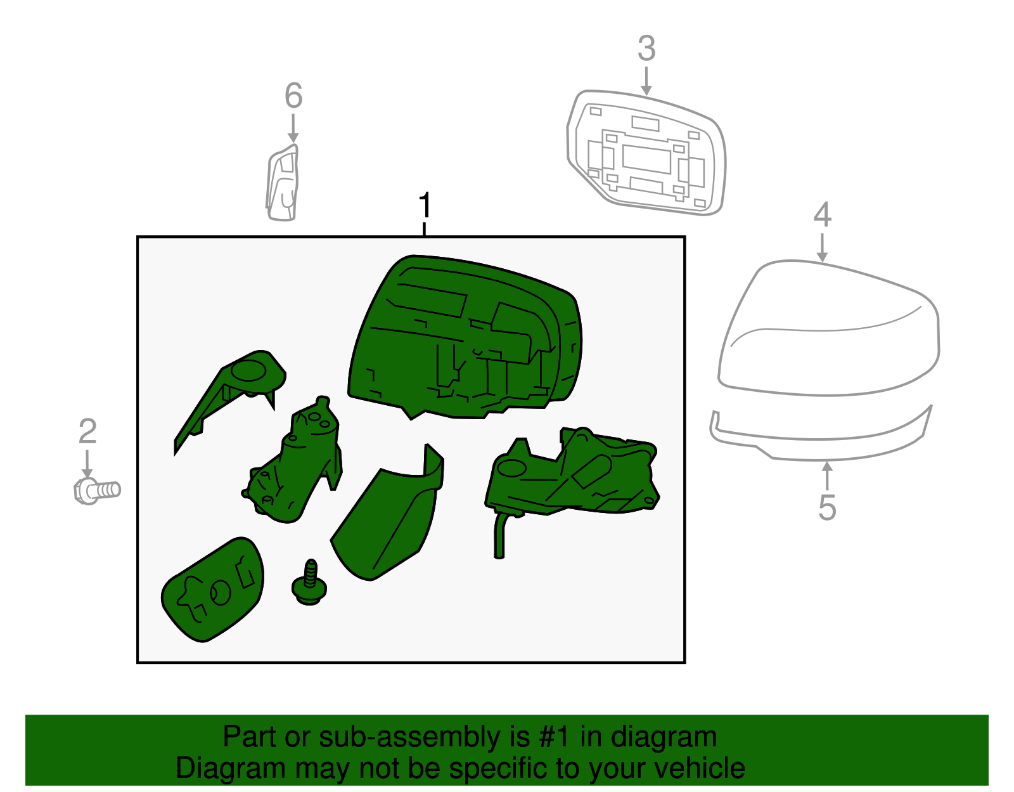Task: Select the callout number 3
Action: click(647, 48)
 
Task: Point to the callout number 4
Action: click(822, 214)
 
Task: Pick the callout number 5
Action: click(827, 507)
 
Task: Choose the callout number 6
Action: click(293, 95)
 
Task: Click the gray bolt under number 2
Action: click(97, 491)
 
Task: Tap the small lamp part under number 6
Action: click(282, 183)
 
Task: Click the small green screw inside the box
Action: click(309, 583)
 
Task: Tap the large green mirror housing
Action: click(465, 337)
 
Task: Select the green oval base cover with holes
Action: click(213, 590)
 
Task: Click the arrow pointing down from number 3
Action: click(646, 81)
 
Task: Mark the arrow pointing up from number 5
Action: click(827, 476)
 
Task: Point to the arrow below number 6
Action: click(293, 128)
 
